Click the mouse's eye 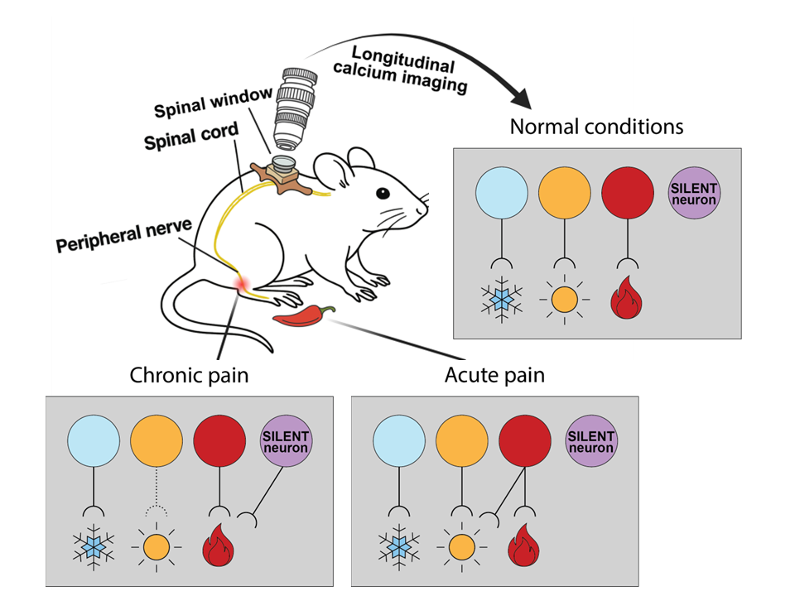[x=383, y=193]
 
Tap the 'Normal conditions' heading [x=596, y=127]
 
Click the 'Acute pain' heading [x=494, y=375]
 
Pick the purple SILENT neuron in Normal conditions [x=694, y=194]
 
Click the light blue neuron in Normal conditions [x=502, y=194]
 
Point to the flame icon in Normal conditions [x=629, y=300]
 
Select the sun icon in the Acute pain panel [x=461, y=547]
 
